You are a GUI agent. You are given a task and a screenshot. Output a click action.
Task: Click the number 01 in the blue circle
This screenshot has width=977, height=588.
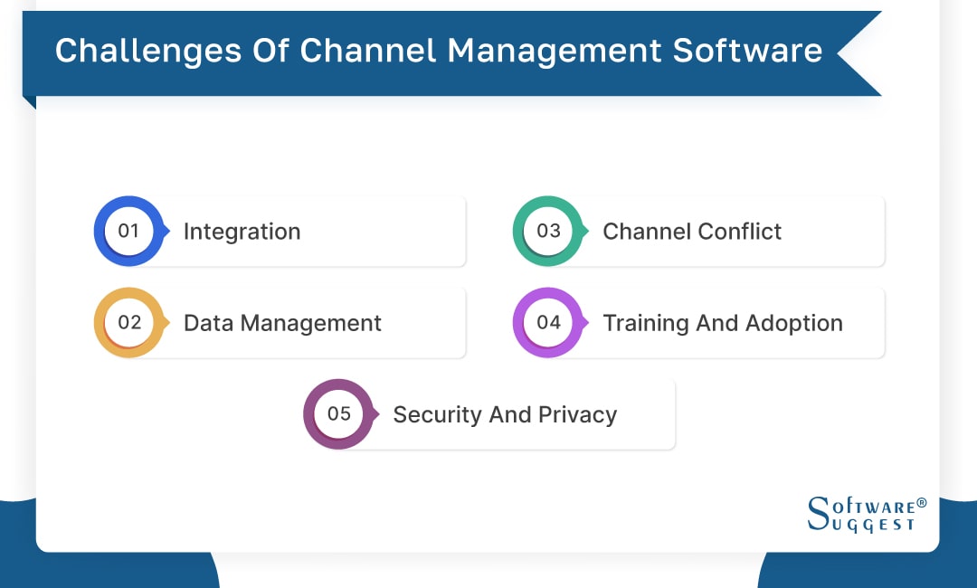128,231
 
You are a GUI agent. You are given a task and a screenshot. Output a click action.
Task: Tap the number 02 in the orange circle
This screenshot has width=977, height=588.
129,322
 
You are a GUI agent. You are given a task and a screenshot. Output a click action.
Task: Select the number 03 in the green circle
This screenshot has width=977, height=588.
548,231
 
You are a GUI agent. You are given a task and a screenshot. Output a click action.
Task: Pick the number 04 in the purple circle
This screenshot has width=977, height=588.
548,322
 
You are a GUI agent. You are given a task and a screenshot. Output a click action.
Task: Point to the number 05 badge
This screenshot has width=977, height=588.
338,413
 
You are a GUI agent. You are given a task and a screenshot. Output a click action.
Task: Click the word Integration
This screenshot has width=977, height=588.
242,232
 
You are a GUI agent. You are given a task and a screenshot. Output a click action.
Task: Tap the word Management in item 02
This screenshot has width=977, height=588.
310,323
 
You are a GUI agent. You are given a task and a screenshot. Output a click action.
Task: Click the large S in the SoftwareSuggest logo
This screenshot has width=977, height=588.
817,513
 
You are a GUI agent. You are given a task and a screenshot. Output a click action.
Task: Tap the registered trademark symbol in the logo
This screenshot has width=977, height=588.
921,503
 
